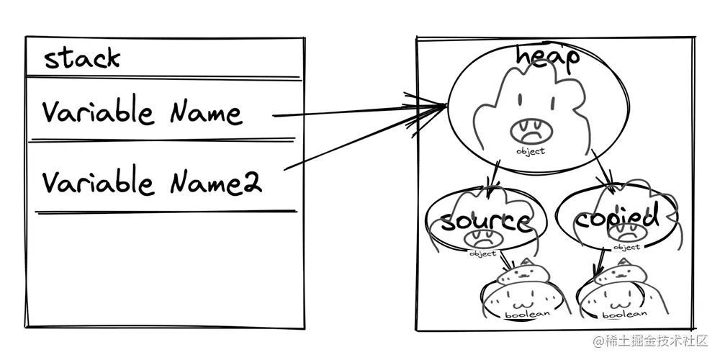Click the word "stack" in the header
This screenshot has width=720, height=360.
82,58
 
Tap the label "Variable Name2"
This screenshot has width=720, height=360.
151,181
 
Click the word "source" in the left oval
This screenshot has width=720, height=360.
485,221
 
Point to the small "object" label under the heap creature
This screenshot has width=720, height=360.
531,151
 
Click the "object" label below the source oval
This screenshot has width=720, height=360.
482,253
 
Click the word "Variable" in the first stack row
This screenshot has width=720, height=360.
97,113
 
